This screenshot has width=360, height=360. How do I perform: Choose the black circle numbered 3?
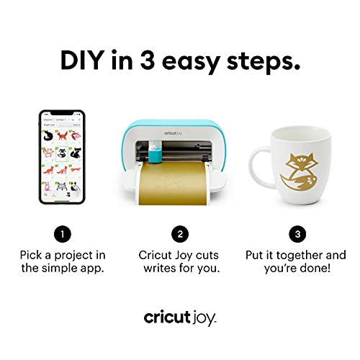click(296, 233)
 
